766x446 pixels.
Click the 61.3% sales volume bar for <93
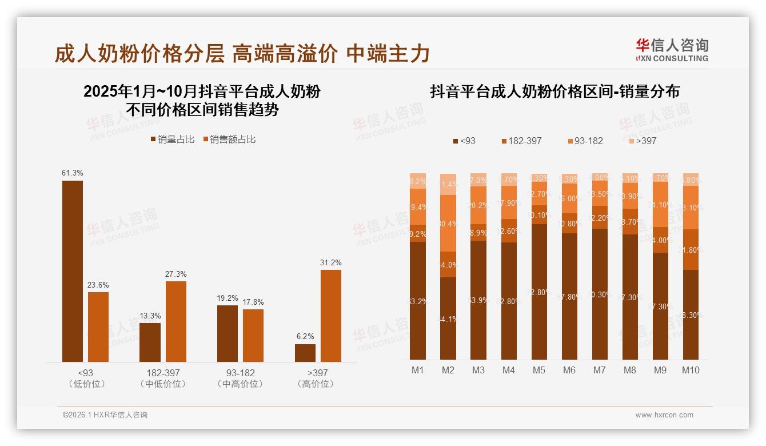click(73, 271)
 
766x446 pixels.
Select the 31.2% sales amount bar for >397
click(330, 316)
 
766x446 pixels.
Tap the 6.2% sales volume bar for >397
click(305, 353)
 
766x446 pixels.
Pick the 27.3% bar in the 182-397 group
click(176, 321)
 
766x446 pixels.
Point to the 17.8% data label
click(253, 302)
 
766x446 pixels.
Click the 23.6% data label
click(98, 285)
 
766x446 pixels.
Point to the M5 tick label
click(539, 370)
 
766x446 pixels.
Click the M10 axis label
click(691, 370)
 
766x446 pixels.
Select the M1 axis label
click(418, 370)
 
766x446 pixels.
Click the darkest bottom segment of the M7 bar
click(600, 294)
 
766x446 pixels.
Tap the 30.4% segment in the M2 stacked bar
click(448, 223)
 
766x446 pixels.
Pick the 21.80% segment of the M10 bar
click(691, 250)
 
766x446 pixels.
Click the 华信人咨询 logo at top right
click(672, 50)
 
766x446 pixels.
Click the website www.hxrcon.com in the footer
click(664, 415)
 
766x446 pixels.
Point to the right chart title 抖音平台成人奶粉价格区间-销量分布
click(554, 91)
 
